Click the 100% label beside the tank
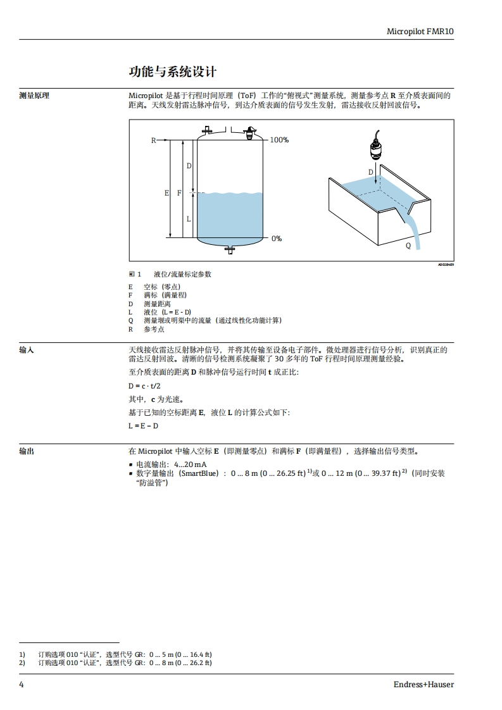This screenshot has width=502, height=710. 279,140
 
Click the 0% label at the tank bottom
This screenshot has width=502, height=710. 277,239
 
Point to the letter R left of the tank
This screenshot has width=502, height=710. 153,140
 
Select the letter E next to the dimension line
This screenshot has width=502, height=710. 166,193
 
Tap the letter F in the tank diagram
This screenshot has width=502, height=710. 179,193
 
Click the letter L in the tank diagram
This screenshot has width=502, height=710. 188,218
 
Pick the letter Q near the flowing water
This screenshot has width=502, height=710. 408,246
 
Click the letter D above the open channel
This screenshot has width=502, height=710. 371,172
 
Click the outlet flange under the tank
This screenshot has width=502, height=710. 230,249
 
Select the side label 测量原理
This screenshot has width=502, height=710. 34,96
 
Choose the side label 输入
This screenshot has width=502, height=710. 27,350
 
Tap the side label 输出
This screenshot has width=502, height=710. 27,451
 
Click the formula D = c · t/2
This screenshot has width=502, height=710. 144,385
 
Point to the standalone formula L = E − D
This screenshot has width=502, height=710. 144,426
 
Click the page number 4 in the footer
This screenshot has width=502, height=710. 22,685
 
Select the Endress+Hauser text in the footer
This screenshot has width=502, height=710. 424,685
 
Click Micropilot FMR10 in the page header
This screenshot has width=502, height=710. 420,31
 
